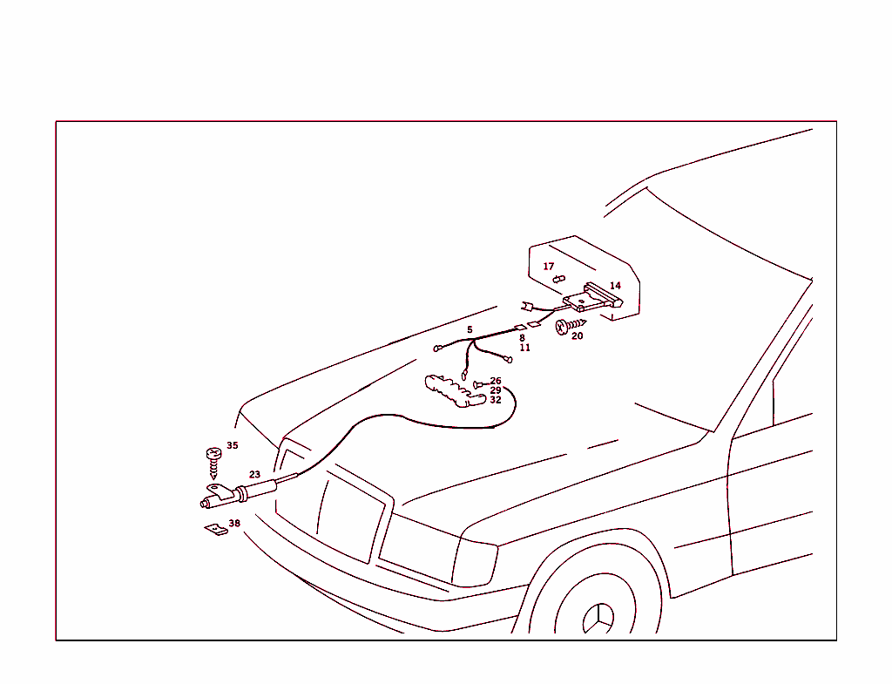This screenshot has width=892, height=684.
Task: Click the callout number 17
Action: pyautogui.click(x=549, y=267)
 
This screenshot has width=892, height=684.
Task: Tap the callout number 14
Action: pyautogui.click(x=616, y=286)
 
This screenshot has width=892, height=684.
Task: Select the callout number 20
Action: pyautogui.click(x=578, y=336)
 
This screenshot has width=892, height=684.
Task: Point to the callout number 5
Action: pyautogui.click(x=470, y=330)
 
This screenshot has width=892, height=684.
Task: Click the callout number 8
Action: pyautogui.click(x=523, y=338)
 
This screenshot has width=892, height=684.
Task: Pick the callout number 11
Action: pyautogui.click(x=524, y=348)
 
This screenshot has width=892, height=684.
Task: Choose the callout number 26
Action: pyautogui.click(x=496, y=382)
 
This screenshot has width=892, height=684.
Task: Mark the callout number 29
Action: pyautogui.click(x=496, y=390)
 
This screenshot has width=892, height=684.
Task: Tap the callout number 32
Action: pyautogui.click(x=496, y=400)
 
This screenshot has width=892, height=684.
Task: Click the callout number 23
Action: pyautogui.click(x=254, y=475)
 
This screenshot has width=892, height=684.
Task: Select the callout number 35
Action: pyautogui.click(x=232, y=445)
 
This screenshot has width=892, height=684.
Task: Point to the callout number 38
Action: pyautogui.click(x=234, y=524)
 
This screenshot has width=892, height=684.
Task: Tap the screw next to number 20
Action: pyautogui.click(x=570, y=327)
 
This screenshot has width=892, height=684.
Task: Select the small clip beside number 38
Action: pyautogui.click(x=216, y=530)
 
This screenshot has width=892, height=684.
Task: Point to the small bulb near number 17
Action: pyautogui.click(x=559, y=279)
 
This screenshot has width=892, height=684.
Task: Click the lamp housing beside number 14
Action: pyautogui.click(x=593, y=297)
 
